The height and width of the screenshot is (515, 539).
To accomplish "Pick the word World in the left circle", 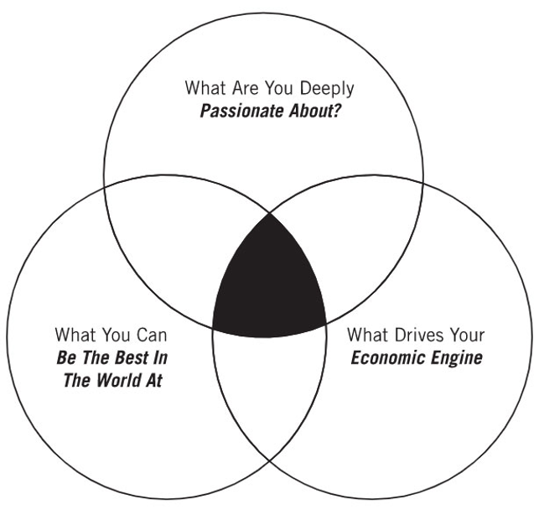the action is point(116,381).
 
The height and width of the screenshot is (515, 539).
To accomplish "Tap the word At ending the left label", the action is point(153,381).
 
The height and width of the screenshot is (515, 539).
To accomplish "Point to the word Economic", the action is point(387,358).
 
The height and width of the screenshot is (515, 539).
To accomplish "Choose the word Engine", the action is point(457,358).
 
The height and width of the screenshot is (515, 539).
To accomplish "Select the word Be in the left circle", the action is point(66,358).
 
